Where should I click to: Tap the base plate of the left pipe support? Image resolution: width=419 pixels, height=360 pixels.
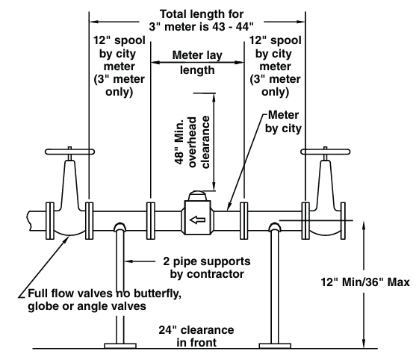coord(118,346)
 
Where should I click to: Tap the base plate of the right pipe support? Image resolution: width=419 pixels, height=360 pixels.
coord(276,346)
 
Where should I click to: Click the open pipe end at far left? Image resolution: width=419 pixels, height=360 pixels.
coord(28,221)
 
